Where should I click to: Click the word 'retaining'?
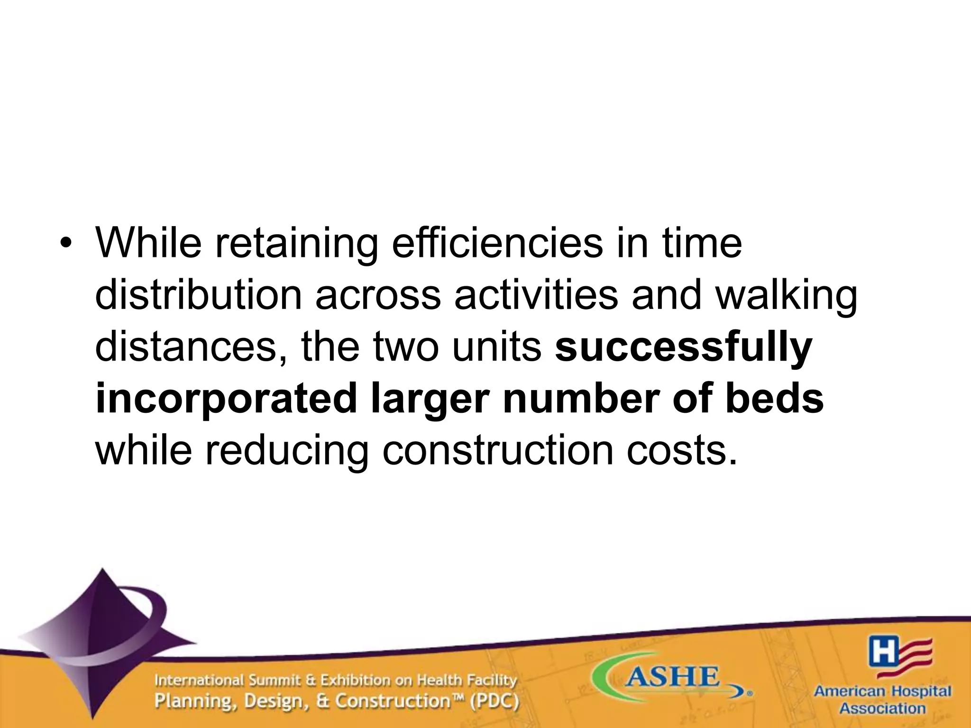[x=297, y=245]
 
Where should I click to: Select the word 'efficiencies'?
[x=497, y=245]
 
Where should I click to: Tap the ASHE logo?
[x=671, y=680]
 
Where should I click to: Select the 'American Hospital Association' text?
[x=882, y=700]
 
